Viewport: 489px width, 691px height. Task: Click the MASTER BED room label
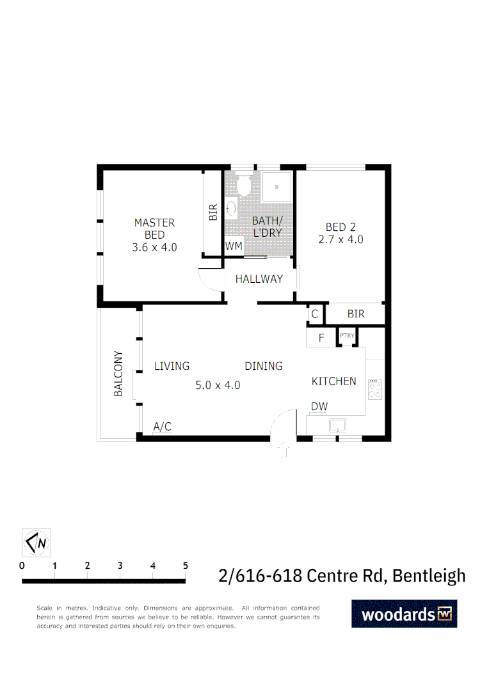[154, 235]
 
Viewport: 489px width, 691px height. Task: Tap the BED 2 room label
[341, 233]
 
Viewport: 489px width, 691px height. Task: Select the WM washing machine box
[233, 246]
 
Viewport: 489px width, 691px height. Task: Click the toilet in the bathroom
[243, 186]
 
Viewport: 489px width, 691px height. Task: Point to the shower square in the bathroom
[277, 187]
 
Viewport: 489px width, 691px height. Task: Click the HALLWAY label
[259, 279]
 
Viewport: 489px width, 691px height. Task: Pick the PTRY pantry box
[347, 335]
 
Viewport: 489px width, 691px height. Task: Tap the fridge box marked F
[321, 337]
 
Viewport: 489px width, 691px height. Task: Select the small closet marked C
[314, 314]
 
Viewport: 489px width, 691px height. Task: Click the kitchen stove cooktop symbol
[376, 389]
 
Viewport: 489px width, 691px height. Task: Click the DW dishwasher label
[319, 407]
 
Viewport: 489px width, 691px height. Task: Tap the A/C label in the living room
[163, 427]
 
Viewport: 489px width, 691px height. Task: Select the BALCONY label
[118, 374]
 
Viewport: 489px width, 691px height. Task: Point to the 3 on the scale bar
[120, 566]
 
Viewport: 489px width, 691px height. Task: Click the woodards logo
[405, 614]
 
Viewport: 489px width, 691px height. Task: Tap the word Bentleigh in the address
[429, 576]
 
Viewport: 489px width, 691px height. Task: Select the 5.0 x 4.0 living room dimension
[218, 385]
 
